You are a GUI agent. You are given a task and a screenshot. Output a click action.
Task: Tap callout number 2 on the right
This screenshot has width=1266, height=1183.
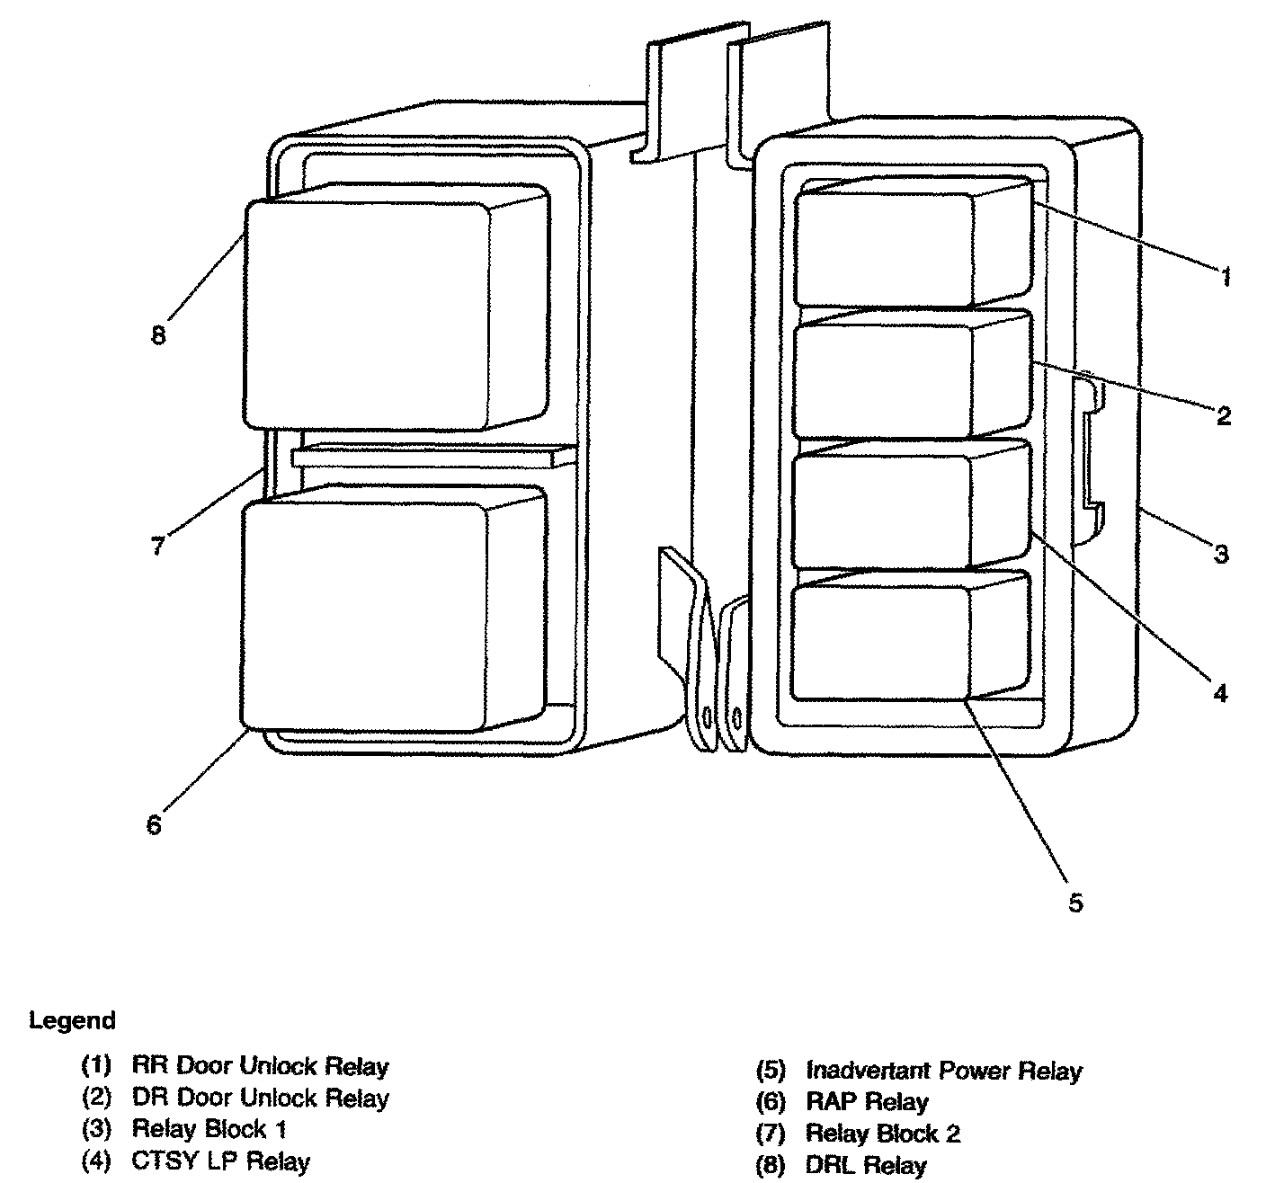(1223, 415)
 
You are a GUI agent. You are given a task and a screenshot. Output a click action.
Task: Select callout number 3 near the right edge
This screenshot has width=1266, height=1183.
(1220, 554)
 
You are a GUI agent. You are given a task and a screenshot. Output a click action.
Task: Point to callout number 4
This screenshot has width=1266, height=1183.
(1219, 693)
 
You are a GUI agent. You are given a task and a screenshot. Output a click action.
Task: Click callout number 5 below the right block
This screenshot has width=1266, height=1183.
(1075, 902)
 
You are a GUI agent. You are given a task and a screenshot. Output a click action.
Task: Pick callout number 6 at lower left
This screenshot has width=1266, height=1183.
(154, 824)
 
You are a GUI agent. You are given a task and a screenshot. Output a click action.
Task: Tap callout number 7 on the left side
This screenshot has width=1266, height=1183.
(158, 545)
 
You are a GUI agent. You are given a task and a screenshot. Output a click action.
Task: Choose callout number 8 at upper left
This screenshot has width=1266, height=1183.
(158, 335)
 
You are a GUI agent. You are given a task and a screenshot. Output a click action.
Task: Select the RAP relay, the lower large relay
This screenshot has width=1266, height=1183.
(364, 616)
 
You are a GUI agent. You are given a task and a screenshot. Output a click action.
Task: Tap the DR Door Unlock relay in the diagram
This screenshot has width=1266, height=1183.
(886, 381)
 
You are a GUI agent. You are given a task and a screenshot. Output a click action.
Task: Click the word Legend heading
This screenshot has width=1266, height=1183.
(72, 1020)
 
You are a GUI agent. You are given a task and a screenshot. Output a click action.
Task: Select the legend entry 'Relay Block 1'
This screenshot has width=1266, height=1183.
(208, 1129)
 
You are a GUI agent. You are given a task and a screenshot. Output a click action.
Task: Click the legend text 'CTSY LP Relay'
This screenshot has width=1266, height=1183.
(220, 1161)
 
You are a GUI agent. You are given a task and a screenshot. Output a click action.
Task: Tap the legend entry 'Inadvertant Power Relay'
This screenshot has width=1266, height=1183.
(943, 1071)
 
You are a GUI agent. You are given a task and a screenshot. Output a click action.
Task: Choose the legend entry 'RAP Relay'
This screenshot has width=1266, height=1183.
(867, 1102)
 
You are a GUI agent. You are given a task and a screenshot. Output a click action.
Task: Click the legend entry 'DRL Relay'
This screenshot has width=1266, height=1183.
(865, 1166)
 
